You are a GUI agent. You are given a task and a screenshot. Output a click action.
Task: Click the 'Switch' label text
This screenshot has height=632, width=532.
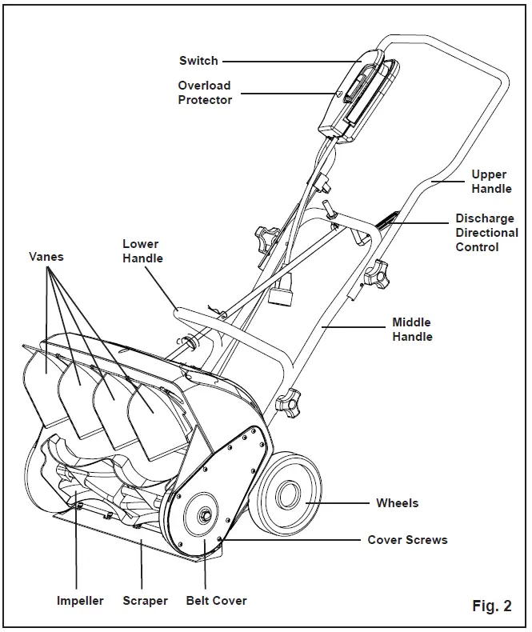(198, 61)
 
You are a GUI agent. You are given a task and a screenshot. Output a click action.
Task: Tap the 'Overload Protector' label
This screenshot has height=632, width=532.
(204, 93)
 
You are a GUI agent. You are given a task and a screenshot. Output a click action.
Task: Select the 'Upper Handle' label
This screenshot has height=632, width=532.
(489, 182)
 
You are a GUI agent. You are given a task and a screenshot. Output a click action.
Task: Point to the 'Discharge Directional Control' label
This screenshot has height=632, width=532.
(485, 233)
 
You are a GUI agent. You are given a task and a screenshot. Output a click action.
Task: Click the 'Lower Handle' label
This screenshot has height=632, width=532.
(142, 251)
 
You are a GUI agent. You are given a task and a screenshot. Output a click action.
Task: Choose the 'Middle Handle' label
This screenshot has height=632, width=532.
(412, 330)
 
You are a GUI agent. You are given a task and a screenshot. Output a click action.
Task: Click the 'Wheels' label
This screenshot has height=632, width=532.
(397, 503)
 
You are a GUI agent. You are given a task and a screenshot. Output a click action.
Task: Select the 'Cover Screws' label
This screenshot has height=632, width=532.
(407, 540)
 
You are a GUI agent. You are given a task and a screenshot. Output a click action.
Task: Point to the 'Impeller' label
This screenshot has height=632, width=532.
(80, 601)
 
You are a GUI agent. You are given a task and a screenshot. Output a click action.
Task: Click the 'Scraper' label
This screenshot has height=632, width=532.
(145, 601)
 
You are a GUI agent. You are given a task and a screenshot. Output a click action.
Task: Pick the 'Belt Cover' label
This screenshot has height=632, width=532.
(216, 601)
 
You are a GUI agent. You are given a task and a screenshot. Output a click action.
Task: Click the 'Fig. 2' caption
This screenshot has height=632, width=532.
(491, 606)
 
